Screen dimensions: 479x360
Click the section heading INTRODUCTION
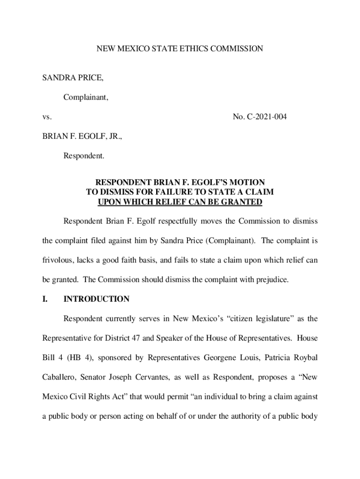[x=96, y=299]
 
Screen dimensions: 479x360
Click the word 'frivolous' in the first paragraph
[x=58, y=260]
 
